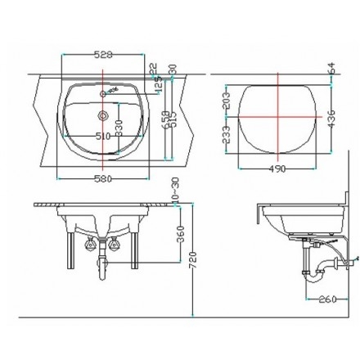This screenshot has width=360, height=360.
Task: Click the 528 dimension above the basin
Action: click(x=102, y=55)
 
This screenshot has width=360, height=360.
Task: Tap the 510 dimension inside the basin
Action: click(x=103, y=135)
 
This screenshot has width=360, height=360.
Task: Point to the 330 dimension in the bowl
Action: click(x=118, y=126)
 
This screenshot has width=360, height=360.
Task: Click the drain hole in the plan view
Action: click(x=103, y=115)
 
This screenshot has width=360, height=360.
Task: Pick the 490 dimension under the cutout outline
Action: click(x=278, y=169)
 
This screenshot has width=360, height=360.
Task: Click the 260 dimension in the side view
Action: click(x=328, y=299)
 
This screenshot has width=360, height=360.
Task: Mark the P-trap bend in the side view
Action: click(x=310, y=274)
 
